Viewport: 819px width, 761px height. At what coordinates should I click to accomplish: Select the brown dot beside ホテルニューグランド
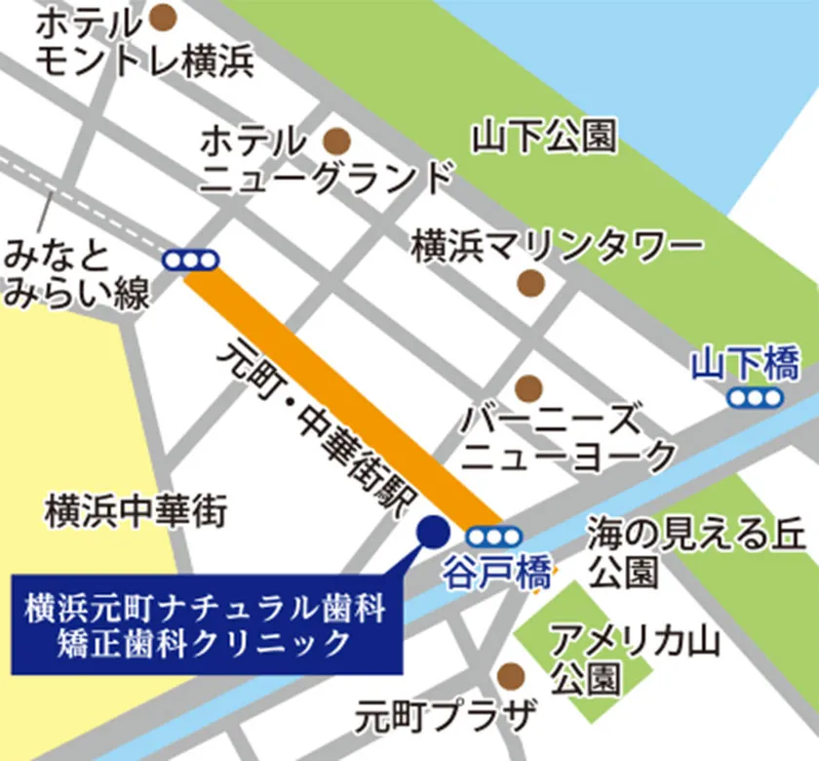point(336,140)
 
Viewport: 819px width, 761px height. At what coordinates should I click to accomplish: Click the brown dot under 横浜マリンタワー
point(529,283)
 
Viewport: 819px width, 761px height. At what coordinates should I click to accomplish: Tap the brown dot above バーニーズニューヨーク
point(528,388)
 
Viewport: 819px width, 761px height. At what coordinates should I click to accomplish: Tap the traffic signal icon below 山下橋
point(756,397)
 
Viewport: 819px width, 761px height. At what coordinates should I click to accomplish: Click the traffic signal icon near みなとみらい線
point(191,260)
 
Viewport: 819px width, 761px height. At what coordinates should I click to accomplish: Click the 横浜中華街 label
point(136,509)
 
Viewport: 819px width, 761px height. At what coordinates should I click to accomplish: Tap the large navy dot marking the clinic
point(432,531)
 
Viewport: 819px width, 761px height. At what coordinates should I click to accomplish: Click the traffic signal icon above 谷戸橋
point(493,537)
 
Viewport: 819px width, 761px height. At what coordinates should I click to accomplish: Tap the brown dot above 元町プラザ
point(509,675)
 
